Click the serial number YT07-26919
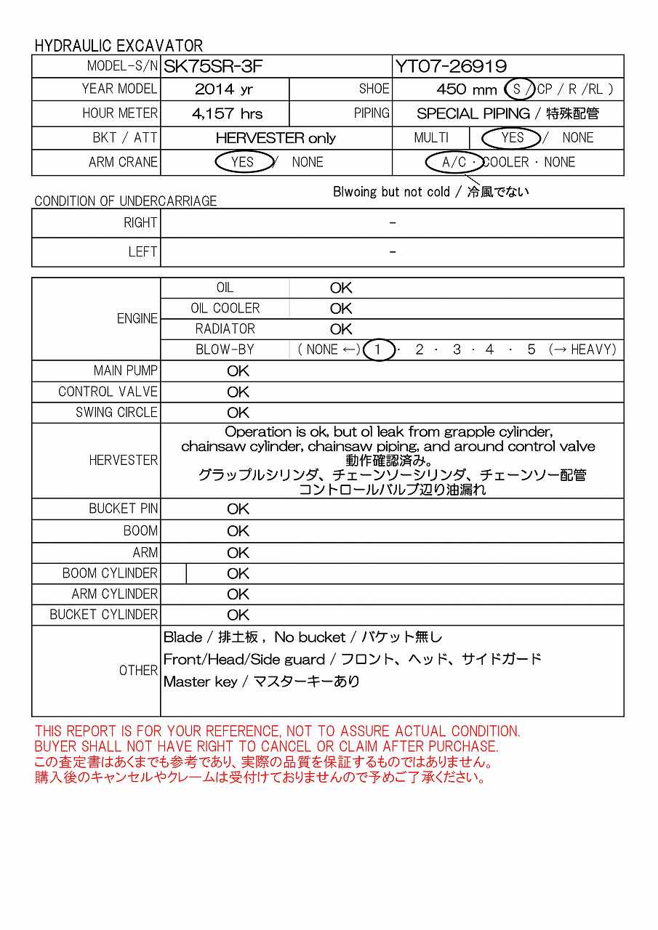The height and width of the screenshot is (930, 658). click(451, 67)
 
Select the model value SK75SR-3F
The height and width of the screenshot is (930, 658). click(212, 67)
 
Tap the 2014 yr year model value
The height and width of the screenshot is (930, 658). click(225, 89)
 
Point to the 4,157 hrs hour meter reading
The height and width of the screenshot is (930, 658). click(227, 113)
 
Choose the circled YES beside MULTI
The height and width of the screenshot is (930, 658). click(512, 137)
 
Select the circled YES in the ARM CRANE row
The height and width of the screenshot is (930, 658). click(242, 162)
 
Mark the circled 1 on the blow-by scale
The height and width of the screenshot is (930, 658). click(378, 349)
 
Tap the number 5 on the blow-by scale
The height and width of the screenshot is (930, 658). click(531, 349)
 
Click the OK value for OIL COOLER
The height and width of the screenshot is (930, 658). click(341, 309)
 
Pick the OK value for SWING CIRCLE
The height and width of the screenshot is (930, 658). click(238, 413)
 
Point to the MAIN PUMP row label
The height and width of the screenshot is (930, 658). click(125, 371)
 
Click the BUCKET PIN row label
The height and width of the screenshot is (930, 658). click(123, 509)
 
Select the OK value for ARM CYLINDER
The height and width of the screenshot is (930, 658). click(238, 594)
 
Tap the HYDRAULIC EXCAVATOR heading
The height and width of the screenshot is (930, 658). click(119, 46)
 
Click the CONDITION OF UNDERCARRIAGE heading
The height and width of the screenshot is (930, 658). click(126, 201)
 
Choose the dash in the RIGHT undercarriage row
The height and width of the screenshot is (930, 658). click(393, 223)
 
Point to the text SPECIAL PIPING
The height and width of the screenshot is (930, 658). click(473, 113)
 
